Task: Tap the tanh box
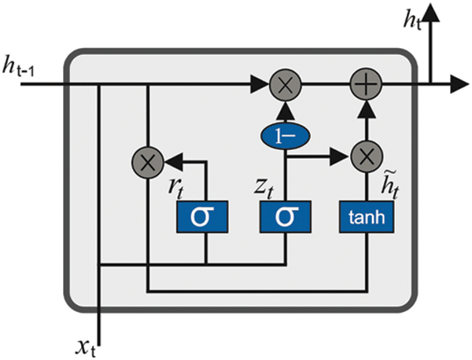point(364,217)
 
